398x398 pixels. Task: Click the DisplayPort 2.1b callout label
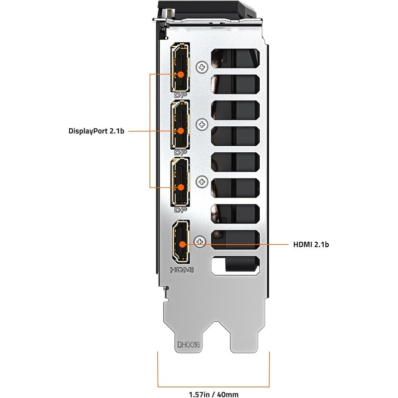click(x=96, y=131)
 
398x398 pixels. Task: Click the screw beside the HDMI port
click(x=200, y=241)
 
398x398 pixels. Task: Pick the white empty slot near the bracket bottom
click(x=235, y=266)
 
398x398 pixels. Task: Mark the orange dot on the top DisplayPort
click(x=181, y=74)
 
